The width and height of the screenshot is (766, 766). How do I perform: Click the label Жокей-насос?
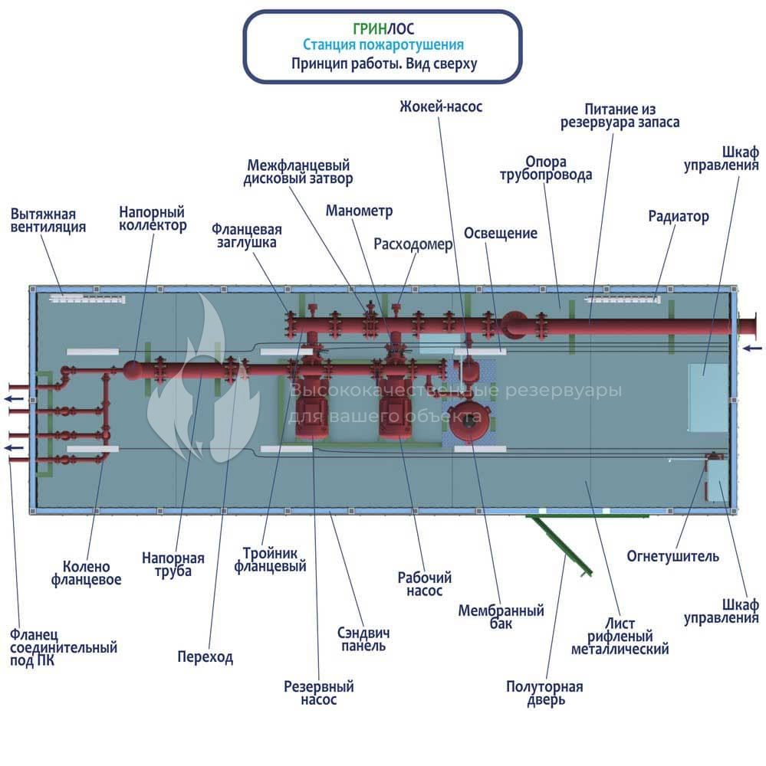(x=441, y=106)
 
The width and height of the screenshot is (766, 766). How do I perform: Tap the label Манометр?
(x=359, y=211)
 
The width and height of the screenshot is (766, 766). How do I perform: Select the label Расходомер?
(x=413, y=244)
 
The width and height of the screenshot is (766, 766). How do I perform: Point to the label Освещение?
(x=501, y=233)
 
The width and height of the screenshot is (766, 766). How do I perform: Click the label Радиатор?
(x=679, y=216)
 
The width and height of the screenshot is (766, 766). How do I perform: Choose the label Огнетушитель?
(x=672, y=556)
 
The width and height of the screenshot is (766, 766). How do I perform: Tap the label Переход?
(x=205, y=656)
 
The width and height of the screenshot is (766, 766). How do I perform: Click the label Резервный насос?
(x=319, y=692)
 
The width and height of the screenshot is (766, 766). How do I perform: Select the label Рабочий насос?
(x=424, y=584)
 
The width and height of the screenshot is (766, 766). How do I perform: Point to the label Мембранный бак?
(x=501, y=617)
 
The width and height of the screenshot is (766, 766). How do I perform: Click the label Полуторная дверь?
(x=545, y=693)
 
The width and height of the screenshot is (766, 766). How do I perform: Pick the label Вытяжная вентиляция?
(x=48, y=221)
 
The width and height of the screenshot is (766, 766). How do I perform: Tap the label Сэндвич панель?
(x=363, y=639)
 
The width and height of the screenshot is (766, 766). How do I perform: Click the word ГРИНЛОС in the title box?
(x=383, y=29)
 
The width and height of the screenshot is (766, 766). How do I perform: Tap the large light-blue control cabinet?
(x=708, y=398)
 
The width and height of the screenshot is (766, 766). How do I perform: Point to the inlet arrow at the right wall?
(x=752, y=348)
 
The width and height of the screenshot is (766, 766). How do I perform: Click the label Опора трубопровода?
(x=546, y=168)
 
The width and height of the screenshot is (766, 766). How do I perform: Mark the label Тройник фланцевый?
(x=270, y=560)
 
